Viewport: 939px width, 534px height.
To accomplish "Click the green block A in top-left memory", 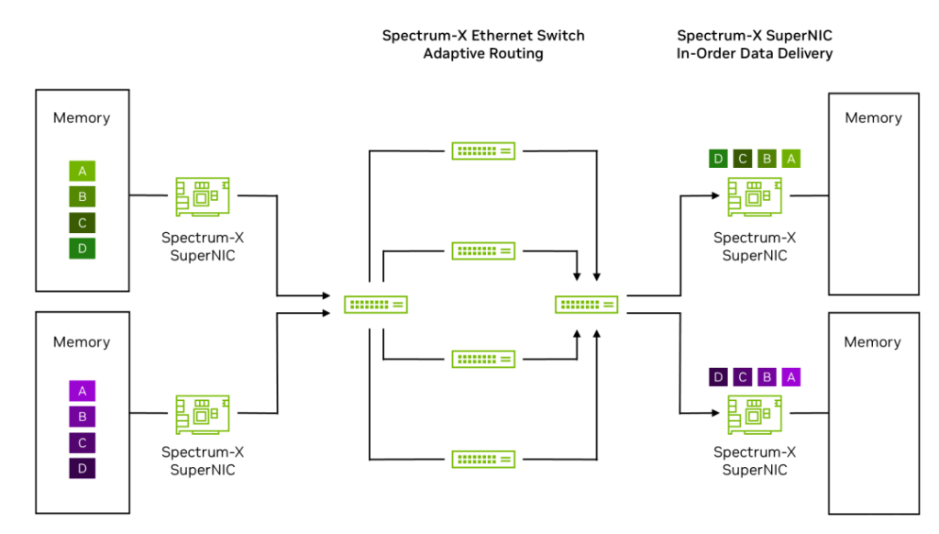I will [82, 171].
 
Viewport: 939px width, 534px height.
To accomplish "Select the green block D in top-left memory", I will [82, 249].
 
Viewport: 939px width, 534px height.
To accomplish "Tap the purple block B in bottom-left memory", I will [82, 417].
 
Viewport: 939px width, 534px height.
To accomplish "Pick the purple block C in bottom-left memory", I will [82, 442].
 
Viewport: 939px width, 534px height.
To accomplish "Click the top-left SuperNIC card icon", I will [203, 196].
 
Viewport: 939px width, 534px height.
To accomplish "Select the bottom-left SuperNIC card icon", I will [203, 415].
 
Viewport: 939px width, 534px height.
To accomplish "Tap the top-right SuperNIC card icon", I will [755, 196].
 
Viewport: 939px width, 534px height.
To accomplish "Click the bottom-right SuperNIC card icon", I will [755, 415].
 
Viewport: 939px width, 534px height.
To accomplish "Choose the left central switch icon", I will [376, 305].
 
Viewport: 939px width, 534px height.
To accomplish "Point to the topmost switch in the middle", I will [483, 150].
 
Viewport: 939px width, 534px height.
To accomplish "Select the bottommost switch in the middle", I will [483, 459].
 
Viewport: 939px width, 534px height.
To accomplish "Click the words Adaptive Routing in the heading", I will [483, 54].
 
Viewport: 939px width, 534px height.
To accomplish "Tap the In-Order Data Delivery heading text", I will [755, 54].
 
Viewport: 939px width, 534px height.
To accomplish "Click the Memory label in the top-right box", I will [872, 117].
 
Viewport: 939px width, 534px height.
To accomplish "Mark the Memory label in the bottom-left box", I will [82, 342].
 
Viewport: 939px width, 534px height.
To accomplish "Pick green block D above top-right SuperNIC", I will [718, 159].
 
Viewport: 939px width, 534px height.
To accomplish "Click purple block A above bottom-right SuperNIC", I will [791, 377].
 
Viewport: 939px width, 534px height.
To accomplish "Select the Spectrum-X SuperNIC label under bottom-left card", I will [203, 461].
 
